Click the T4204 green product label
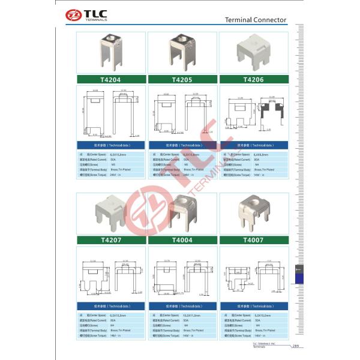(112, 79)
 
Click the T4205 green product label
(182, 79)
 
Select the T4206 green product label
(254, 79)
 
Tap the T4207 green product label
(112, 239)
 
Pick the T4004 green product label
(182, 239)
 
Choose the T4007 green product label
(254, 239)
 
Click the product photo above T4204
(112, 53)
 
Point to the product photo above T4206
(254, 53)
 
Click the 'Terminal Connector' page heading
(256, 20)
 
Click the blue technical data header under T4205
(182, 145)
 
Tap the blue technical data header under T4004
(182, 305)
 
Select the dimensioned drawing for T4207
(112, 274)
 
